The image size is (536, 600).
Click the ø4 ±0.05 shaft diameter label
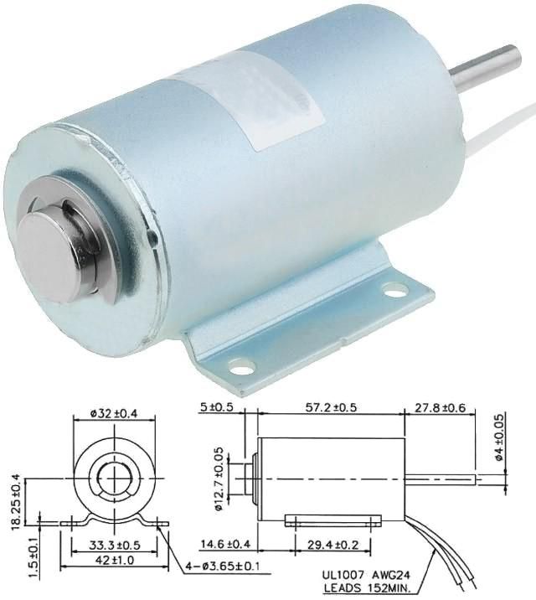500,437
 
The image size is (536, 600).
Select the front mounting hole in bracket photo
241,366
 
